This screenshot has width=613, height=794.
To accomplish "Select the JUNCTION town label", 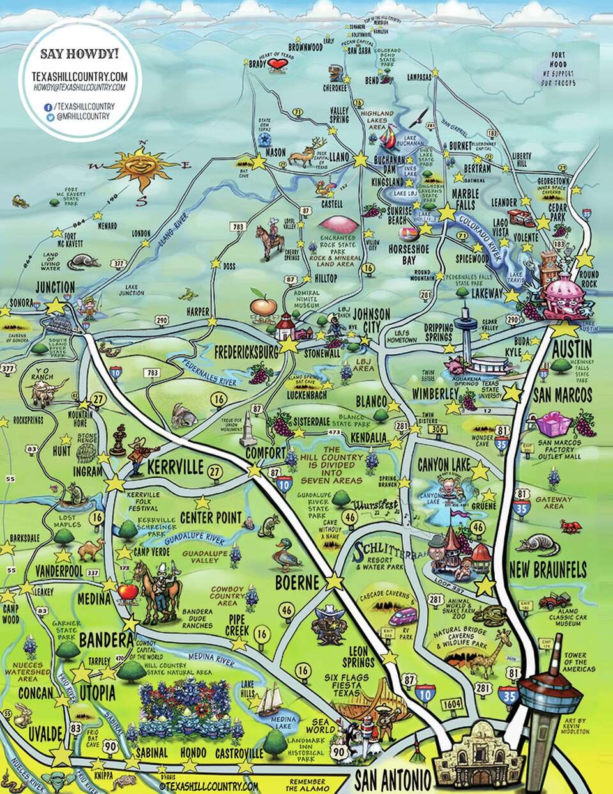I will [x=56, y=287].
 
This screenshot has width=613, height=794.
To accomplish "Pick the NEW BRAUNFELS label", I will [x=547, y=571].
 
